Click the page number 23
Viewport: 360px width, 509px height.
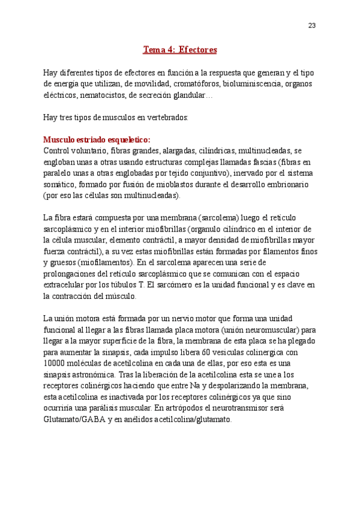click(x=312, y=25)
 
